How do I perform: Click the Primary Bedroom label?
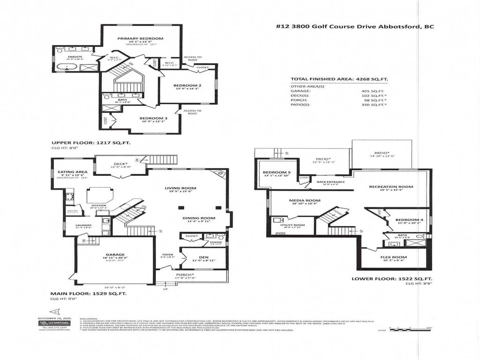coord(140,38)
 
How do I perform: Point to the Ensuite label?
coord(75,56)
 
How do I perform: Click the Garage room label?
coord(115,255)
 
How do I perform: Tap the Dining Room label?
coord(199,218)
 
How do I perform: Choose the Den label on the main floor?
coord(204,256)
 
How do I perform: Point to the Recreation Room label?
coord(391,187)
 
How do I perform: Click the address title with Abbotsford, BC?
coord(354,27)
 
